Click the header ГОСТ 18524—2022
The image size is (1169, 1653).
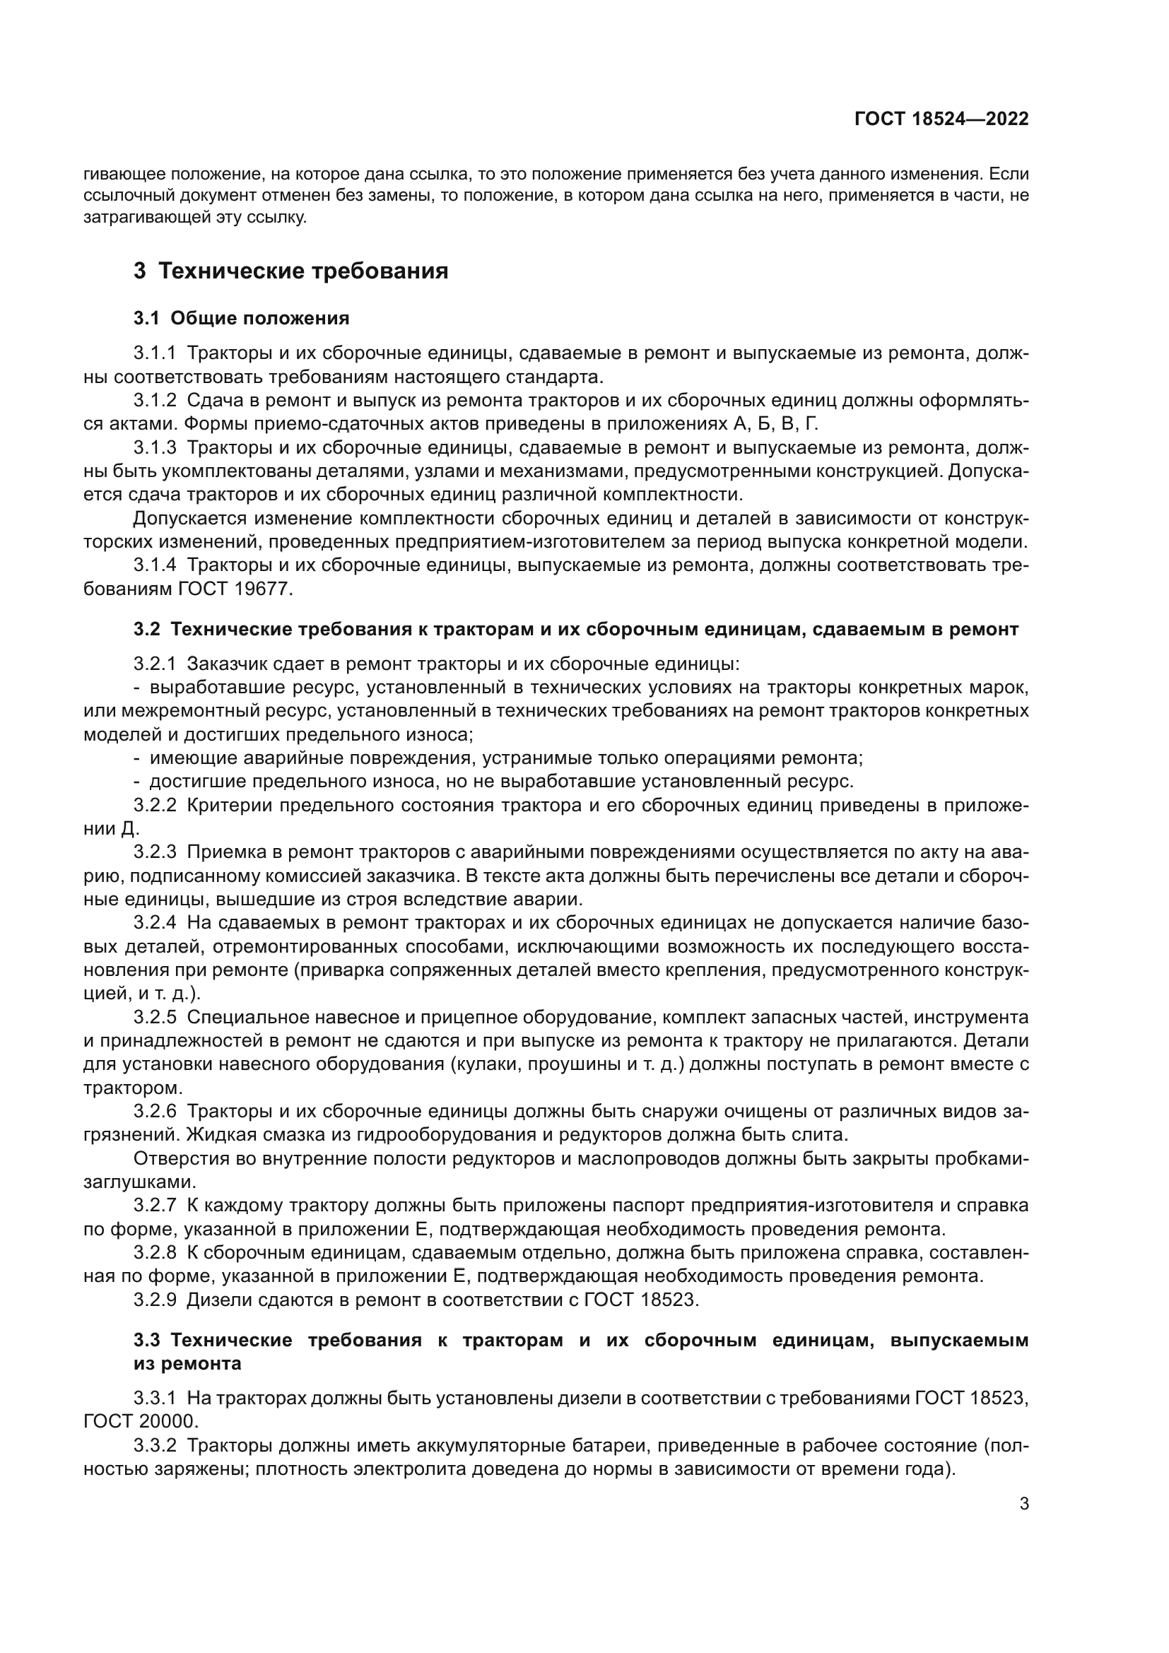(941, 119)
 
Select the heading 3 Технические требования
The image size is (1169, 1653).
(290, 271)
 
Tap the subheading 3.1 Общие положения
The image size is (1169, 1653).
(241, 318)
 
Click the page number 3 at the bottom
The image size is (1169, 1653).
(1023, 1503)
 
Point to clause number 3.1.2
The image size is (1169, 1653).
(155, 401)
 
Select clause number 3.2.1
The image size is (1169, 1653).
(155, 663)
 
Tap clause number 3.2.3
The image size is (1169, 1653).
(155, 852)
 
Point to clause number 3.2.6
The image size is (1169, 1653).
(155, 1112)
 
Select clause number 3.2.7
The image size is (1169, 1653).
(155, 1205)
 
